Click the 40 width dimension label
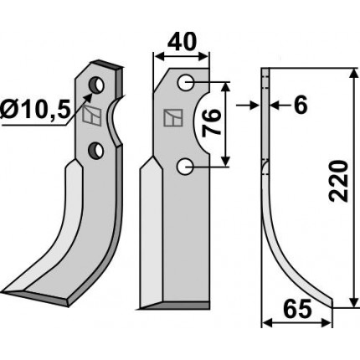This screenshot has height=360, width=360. pyautogui.click(x=182, y=42)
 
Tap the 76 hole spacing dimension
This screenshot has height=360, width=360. pyautogui.click(x=211, y=123)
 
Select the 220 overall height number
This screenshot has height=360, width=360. pyautogui.click(x=338, y=181)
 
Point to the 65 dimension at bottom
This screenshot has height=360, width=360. pyautogui.click(x=298, y=309)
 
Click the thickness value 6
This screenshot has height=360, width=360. pyautogui.click(x=301, y=105)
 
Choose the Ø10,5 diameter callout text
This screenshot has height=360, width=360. pyautogui.click(x=34, y=110)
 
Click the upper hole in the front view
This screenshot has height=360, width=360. pyautogui.click(x=186, y=83)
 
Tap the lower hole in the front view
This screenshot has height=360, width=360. pyautogui.click(x=186, y=167)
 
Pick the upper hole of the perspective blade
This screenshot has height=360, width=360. pyautogui.click(x=96, y=84)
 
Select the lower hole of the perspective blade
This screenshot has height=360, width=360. pyautogui.click(x=95, y=150)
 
